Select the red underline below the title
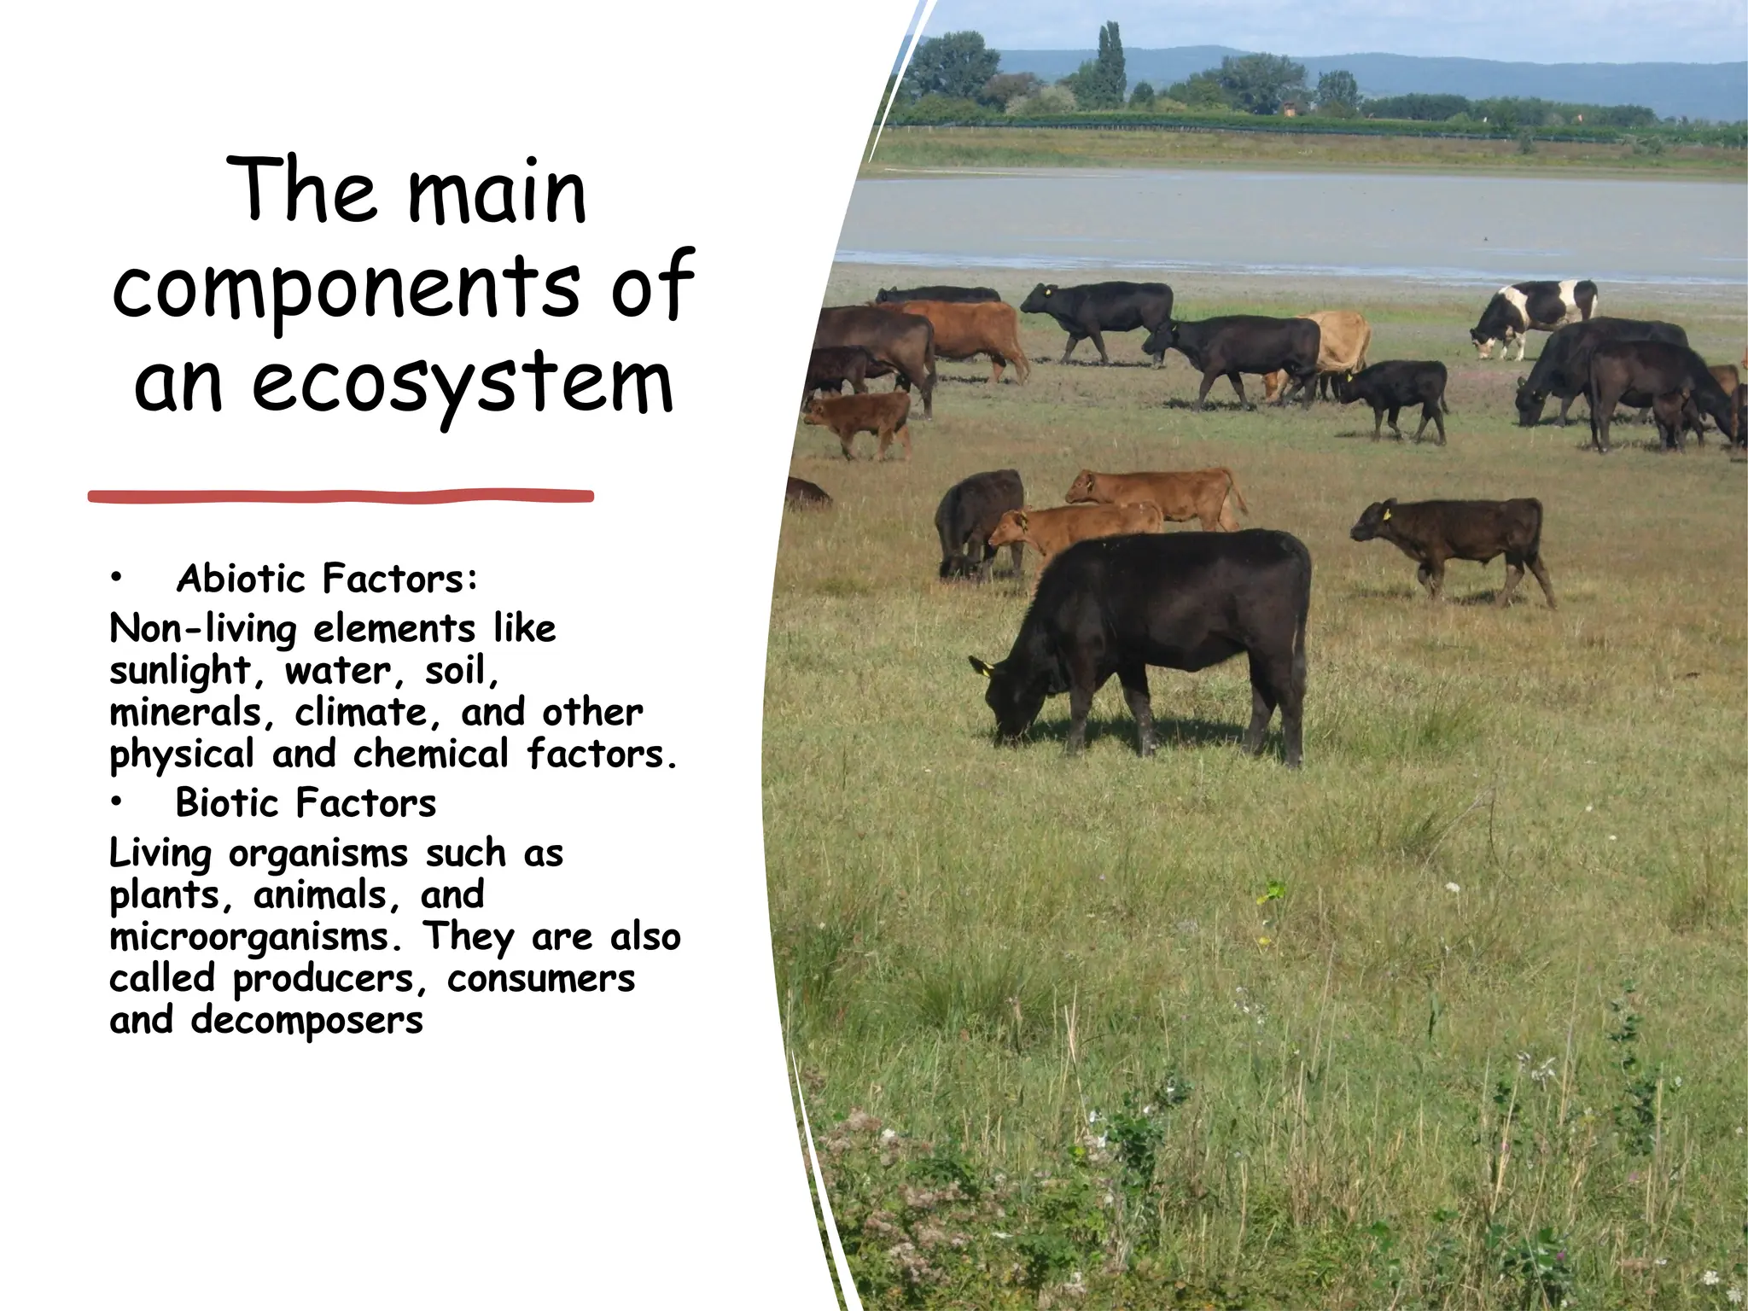pyautogui.click(x=341, y=496)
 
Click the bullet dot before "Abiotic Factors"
pyautogui.click(x=116, y=580)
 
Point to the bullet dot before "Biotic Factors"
pyautogui.click(x=116, y=803)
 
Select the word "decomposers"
pyautogui.click(x=306, y=1021)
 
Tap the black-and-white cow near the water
pyautogui.click(x=1534, y=314)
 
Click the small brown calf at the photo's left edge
pyautogui.click(x=859, y=420)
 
